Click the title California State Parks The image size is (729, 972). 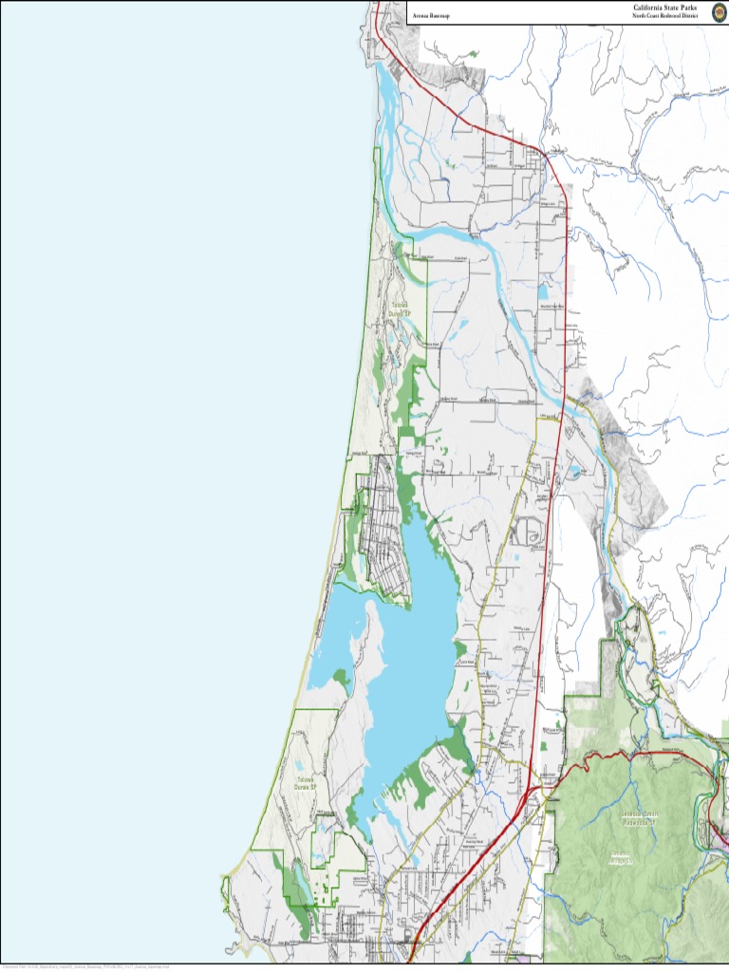(664, 8)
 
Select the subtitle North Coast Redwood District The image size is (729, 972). (664, 16)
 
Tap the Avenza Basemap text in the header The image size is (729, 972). (430, 16)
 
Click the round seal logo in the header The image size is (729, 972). (719, 10)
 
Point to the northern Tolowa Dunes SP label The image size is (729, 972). (402, 308)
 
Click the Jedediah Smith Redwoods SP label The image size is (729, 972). (639, 818)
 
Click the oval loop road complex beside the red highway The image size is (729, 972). (528, 532)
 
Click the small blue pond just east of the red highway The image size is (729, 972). (576, 470)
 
